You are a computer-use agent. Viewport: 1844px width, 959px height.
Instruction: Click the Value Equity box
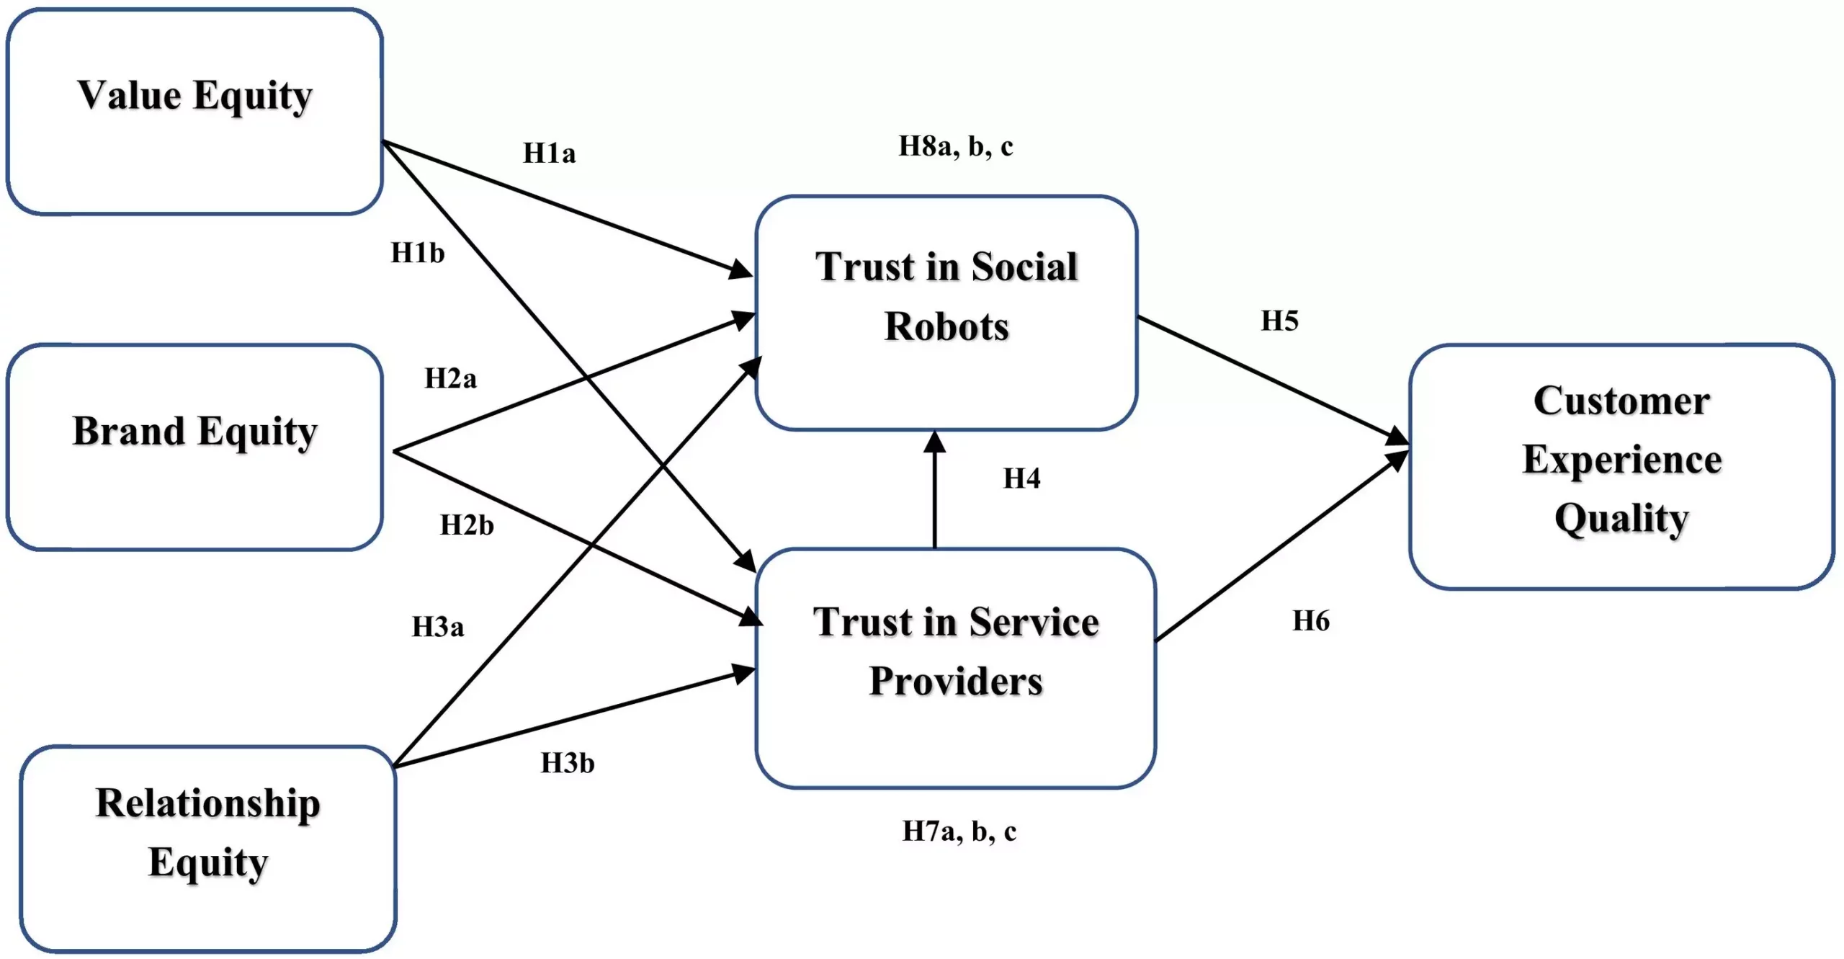point(194,112)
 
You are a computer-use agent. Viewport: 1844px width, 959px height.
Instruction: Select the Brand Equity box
point(194,447)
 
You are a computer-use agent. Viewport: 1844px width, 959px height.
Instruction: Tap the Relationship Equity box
point(207,849)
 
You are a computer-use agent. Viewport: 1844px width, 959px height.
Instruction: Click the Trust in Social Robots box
point(946,312)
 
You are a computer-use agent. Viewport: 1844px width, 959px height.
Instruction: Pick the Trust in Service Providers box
point(955,667)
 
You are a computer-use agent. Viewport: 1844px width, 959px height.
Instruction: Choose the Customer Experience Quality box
point(1621,465)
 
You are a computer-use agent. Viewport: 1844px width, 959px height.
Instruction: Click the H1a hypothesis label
point(549,153)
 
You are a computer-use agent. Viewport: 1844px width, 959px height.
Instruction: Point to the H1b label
point(417,253)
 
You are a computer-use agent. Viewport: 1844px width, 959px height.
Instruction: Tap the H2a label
point(450,378)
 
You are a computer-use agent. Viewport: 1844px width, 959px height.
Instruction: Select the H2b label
point(467,525)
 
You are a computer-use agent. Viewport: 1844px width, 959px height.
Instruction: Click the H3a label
point(437,627)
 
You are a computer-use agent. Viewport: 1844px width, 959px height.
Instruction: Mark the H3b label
point(568,763)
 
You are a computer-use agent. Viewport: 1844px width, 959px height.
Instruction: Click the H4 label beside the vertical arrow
point(1021,478)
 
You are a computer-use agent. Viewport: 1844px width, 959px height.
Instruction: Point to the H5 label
point(1279,321)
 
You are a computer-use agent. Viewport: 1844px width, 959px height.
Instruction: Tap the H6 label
point(1310,620)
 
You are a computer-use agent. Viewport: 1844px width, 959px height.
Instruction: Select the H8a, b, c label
point(956,146)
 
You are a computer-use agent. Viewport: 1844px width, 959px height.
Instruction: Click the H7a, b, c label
point(959,831)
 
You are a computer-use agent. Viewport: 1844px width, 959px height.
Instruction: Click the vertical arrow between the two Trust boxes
point(934,497)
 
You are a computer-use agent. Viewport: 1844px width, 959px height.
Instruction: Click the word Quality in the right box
point(1621,518)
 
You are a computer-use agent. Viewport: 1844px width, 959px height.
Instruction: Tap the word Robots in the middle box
point(946,326)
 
